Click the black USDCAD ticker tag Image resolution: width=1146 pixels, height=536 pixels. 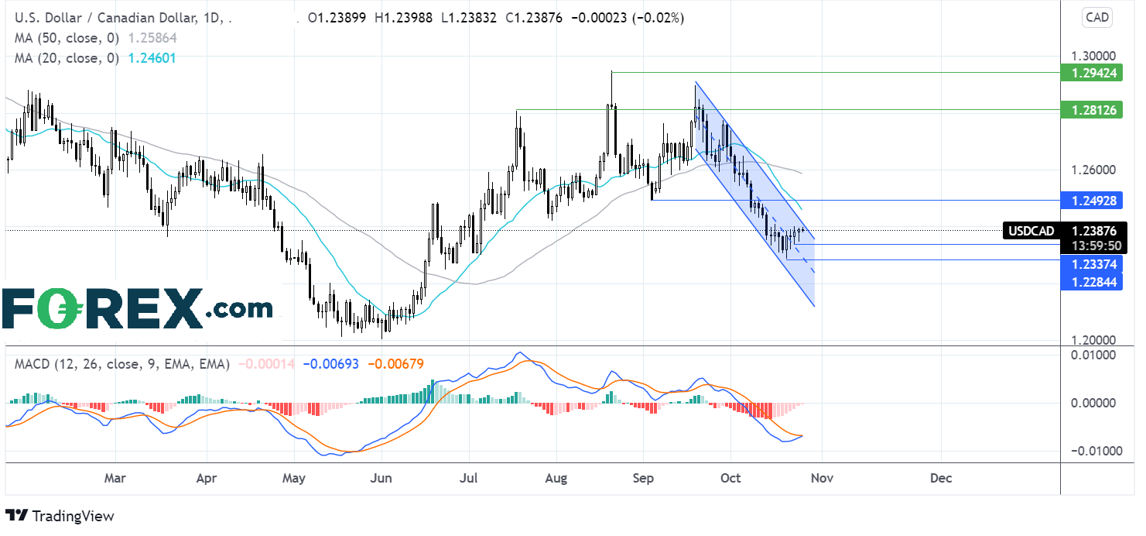1031,231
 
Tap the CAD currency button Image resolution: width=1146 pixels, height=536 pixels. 1097,17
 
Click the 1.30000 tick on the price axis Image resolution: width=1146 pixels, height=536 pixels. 1093,56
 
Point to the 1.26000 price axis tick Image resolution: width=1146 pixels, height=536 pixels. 1093,170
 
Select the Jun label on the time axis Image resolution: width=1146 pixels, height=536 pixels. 381,478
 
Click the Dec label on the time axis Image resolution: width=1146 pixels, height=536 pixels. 941,478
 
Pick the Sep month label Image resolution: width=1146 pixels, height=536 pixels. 643,478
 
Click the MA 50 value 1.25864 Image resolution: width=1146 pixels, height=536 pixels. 152,39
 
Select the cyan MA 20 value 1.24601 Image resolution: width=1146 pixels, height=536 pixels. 152,58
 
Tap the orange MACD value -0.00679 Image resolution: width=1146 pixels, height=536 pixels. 396,364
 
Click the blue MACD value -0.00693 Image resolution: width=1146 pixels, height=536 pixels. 331,364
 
